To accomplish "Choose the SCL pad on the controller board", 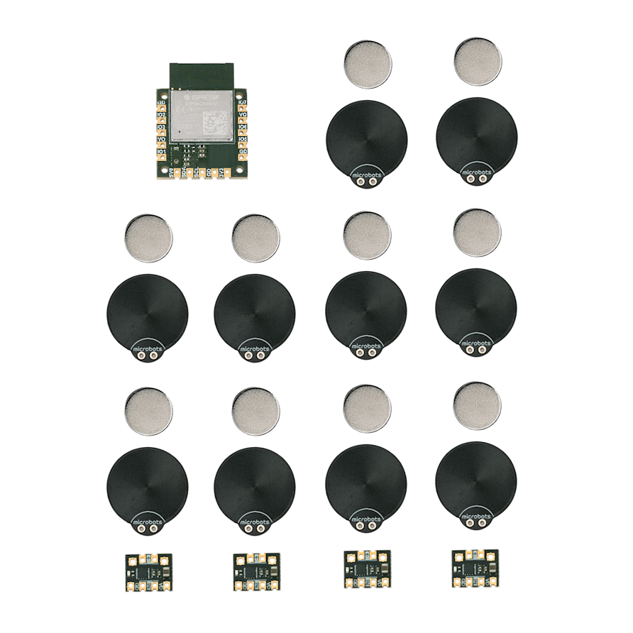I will pos(202,172).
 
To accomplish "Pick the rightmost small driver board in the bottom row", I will pos(475,568).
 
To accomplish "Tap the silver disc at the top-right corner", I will pos(478,62).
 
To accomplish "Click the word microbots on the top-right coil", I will pos(476,171).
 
